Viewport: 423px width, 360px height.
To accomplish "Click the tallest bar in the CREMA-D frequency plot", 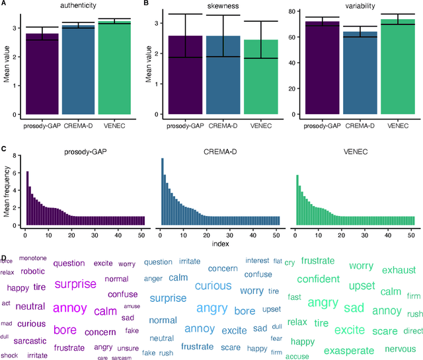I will (163, 192).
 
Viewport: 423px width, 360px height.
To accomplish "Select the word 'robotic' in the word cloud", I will (32, 271).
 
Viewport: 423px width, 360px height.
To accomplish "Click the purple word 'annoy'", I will (70, 308).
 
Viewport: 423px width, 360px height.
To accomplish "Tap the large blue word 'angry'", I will (213, 308).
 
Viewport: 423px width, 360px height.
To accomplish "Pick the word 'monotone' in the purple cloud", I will (33, 258).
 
